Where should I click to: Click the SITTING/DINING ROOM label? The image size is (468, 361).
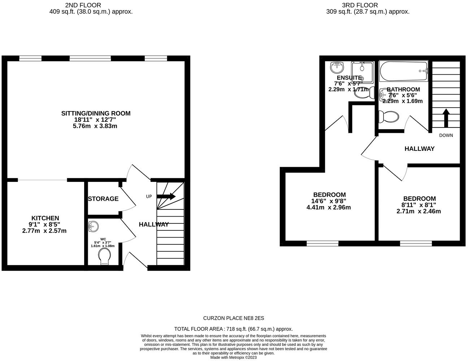click(x=96, y=113)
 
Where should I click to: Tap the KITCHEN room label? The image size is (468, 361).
click(x=45, y=218)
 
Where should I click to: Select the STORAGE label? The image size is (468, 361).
click(x=103, y=199)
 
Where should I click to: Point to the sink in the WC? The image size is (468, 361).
click(x=92, y=227)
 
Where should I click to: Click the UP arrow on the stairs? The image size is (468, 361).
click(x=166, y=196)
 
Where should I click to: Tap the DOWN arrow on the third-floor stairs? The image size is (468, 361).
click(x=446, y=118)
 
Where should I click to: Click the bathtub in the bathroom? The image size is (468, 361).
click(x=403, y=71)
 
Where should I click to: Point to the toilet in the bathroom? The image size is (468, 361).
click(x=389, y=117)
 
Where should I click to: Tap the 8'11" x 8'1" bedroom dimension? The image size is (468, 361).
click(x=419, y=205)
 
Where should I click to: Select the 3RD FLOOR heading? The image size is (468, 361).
click(x=355, y=5)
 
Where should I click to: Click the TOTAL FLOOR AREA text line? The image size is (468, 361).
click(x=233, y=329)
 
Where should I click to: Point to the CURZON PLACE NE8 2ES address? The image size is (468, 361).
click(x=234, y=318)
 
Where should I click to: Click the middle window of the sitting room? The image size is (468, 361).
click(x=90, y=58)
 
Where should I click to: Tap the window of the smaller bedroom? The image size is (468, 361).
click(x=416, y=244)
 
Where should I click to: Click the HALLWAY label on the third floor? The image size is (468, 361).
click(x=419, y=149)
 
